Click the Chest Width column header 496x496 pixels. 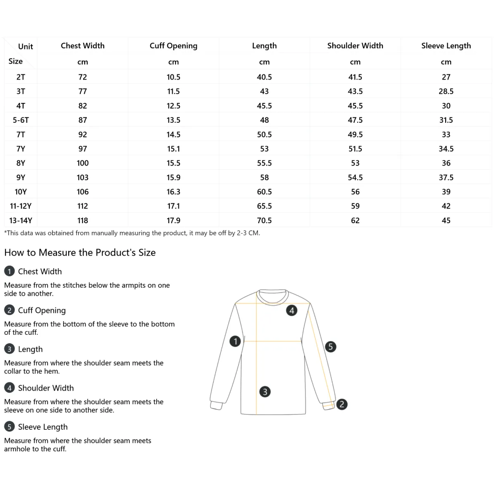point(83,46)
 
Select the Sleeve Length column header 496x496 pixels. point(446,46)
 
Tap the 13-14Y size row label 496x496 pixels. point(21,220)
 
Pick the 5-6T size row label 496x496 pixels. point(21,120)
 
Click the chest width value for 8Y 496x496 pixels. point(83,163)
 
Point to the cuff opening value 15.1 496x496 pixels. point(174,149)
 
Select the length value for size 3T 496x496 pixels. point(264,91)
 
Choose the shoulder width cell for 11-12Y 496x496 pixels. point(355,206)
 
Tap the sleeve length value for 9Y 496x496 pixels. point(446,177)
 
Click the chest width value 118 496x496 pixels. point(83,220)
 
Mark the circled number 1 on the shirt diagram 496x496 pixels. point(235,341)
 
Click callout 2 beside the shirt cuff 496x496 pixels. point(341,404)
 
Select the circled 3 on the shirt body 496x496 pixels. point(265,391)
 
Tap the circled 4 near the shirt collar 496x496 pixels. point(292,310)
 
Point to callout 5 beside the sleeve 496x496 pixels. point(330,346)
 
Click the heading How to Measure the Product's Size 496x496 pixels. point(80,253)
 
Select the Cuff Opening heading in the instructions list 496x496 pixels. point(42,310)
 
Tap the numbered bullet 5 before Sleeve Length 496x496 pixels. point(9,427)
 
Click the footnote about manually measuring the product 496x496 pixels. point(132,233)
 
